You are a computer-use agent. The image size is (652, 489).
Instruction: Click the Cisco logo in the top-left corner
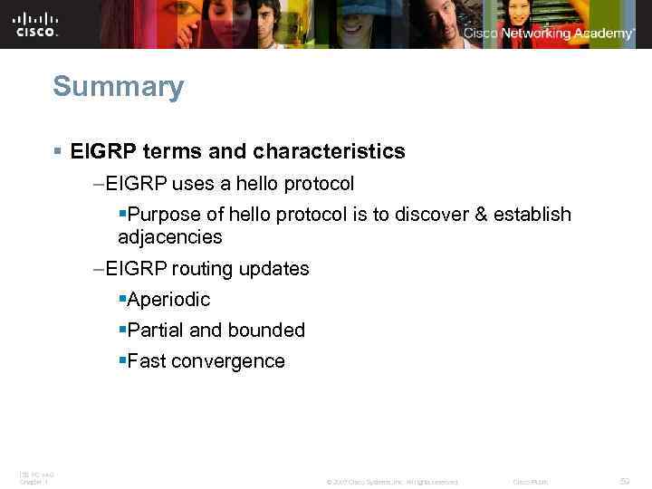click(36, 24)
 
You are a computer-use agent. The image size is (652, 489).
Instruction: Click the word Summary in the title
click(118, 87)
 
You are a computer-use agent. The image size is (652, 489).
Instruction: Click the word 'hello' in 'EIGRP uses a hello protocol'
click(259, 184)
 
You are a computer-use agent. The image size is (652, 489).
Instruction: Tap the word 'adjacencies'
click(169, 237)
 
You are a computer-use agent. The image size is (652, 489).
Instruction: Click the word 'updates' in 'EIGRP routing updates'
click(274, 269)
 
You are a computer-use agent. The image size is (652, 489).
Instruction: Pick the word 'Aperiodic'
click(168, 300)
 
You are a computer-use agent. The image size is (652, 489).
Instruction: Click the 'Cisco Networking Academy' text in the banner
click(549, 34)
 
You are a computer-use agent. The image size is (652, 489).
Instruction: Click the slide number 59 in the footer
click(624, 481)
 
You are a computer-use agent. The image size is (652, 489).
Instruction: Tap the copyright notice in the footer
click(391, 482)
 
